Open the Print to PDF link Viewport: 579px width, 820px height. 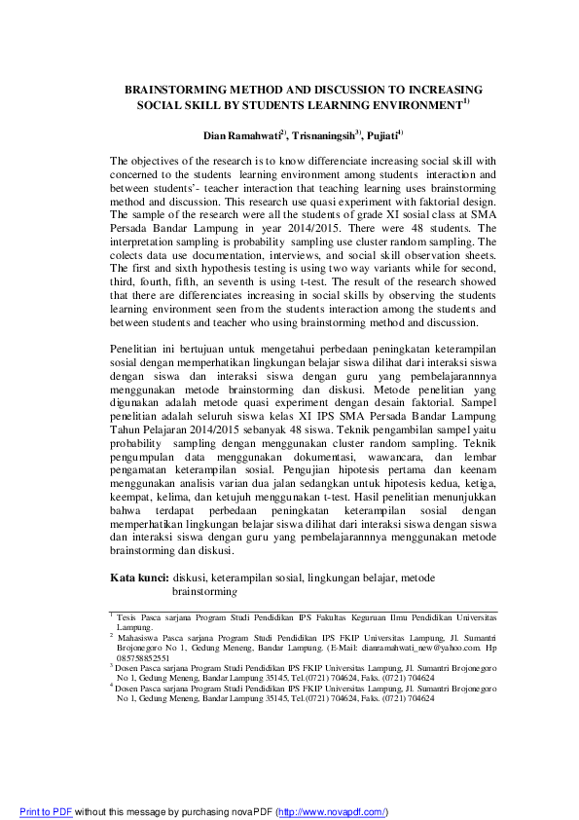46,812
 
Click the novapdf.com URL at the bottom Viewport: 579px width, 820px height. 333,812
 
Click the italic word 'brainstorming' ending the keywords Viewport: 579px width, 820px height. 204,591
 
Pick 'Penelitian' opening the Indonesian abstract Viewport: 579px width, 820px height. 137,350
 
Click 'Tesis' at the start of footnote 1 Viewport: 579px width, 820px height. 127,617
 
